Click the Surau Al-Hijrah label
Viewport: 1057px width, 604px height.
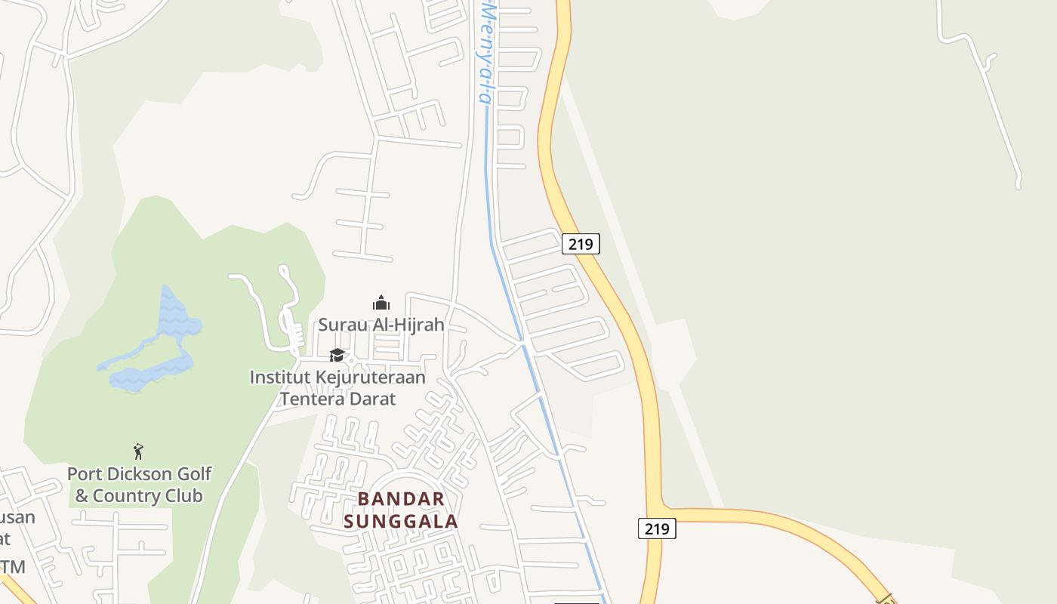point(381,325)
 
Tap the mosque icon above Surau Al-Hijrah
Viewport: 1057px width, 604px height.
point(381,304)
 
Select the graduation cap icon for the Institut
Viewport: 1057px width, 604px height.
point(337,355)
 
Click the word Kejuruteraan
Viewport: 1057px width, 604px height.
point(364,377)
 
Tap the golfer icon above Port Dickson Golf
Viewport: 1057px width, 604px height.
point(138,452)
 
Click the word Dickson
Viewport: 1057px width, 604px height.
point(136,474)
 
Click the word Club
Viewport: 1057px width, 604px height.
point(184,496)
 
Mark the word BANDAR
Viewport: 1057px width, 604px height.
point(401,499)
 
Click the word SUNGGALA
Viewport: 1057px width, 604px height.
point(401,522)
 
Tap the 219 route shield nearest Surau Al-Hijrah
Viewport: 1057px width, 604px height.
point(581,244)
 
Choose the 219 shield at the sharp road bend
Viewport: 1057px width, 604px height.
point(656,528)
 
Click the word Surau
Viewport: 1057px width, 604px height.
point(339,325)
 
